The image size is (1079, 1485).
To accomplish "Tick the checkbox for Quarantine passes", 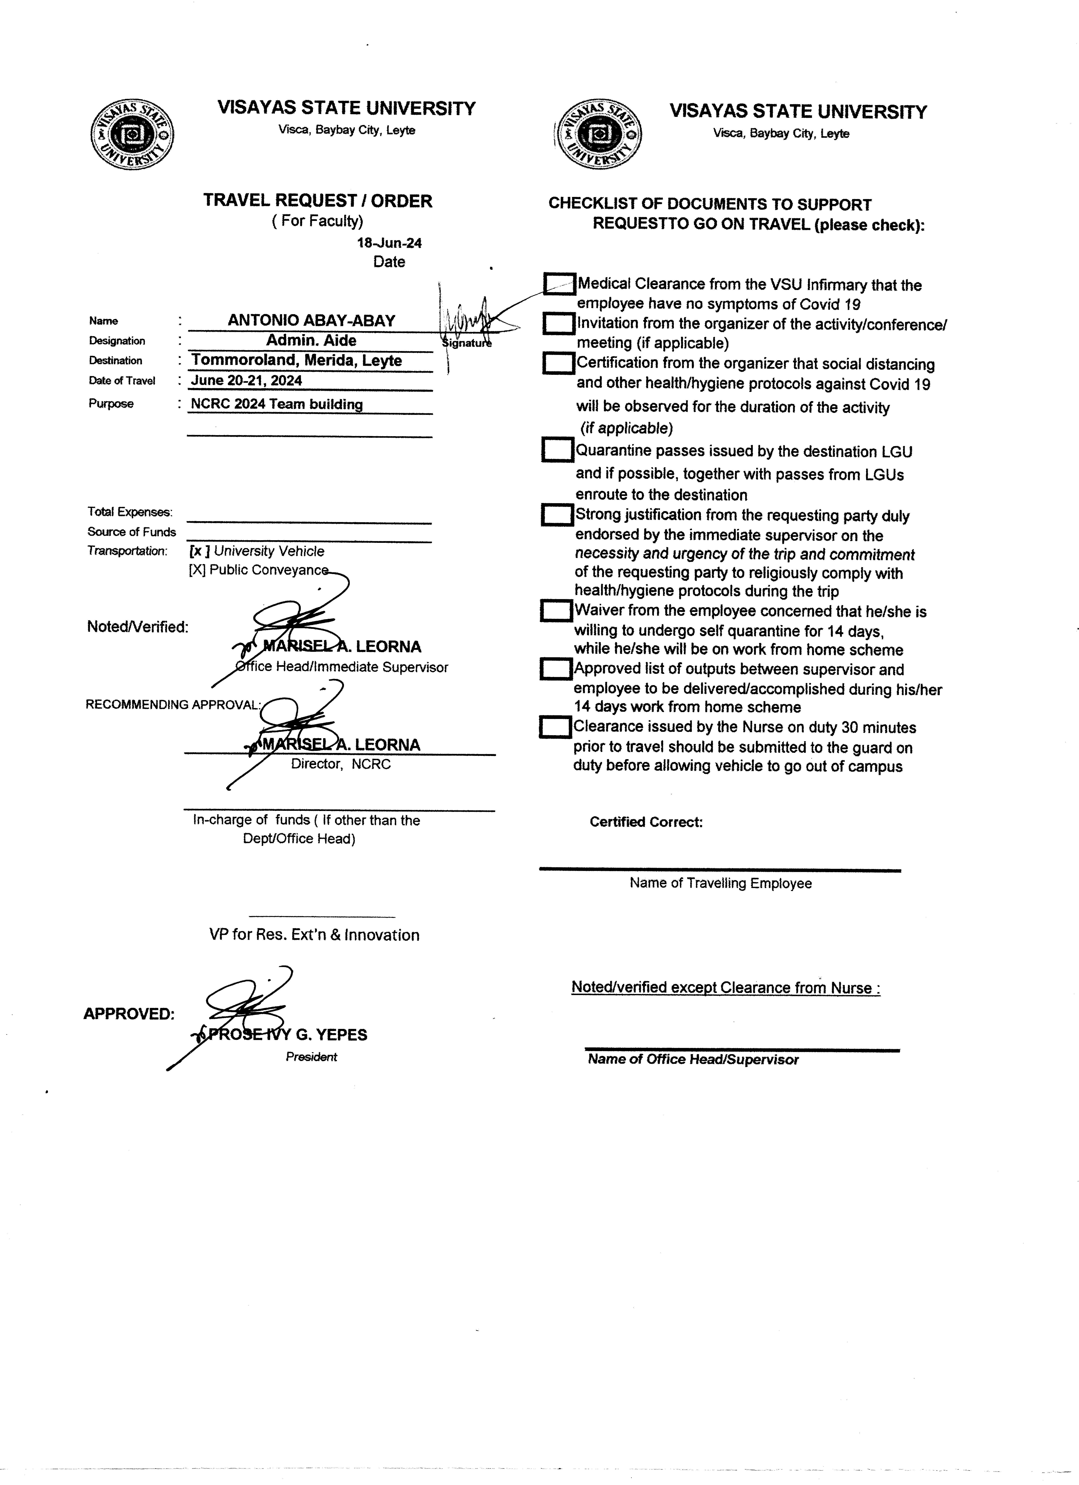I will point(557,450).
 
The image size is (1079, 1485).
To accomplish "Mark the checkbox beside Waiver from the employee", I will point(556,611).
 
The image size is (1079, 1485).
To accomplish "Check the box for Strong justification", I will point(557,515).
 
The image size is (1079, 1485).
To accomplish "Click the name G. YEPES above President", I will point(331,1035).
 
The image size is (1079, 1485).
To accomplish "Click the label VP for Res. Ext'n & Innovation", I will point(314,935).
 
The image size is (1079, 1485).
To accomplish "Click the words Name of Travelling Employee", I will point(720,883).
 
